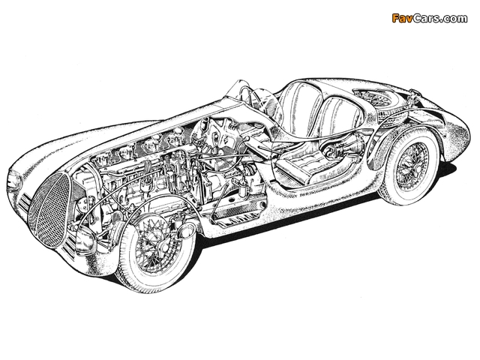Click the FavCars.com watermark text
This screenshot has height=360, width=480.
[x=430, y=19]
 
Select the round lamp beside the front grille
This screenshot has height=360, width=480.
[x=82, y=238]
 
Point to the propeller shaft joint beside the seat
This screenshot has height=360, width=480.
[x=333, y=150]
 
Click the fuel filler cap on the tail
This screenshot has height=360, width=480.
[x=414, y=91]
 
